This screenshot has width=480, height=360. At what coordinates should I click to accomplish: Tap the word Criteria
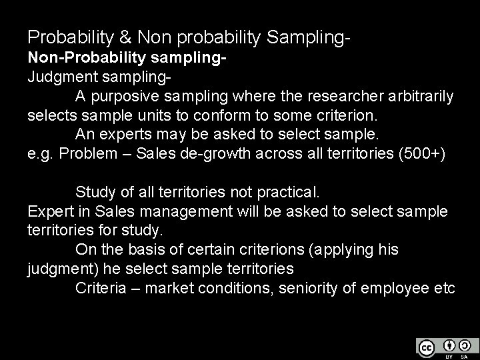pos(103,288)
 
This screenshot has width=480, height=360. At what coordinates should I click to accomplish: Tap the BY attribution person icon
pos(449,345)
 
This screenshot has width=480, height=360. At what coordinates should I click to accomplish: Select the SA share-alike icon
pos(465,345)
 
